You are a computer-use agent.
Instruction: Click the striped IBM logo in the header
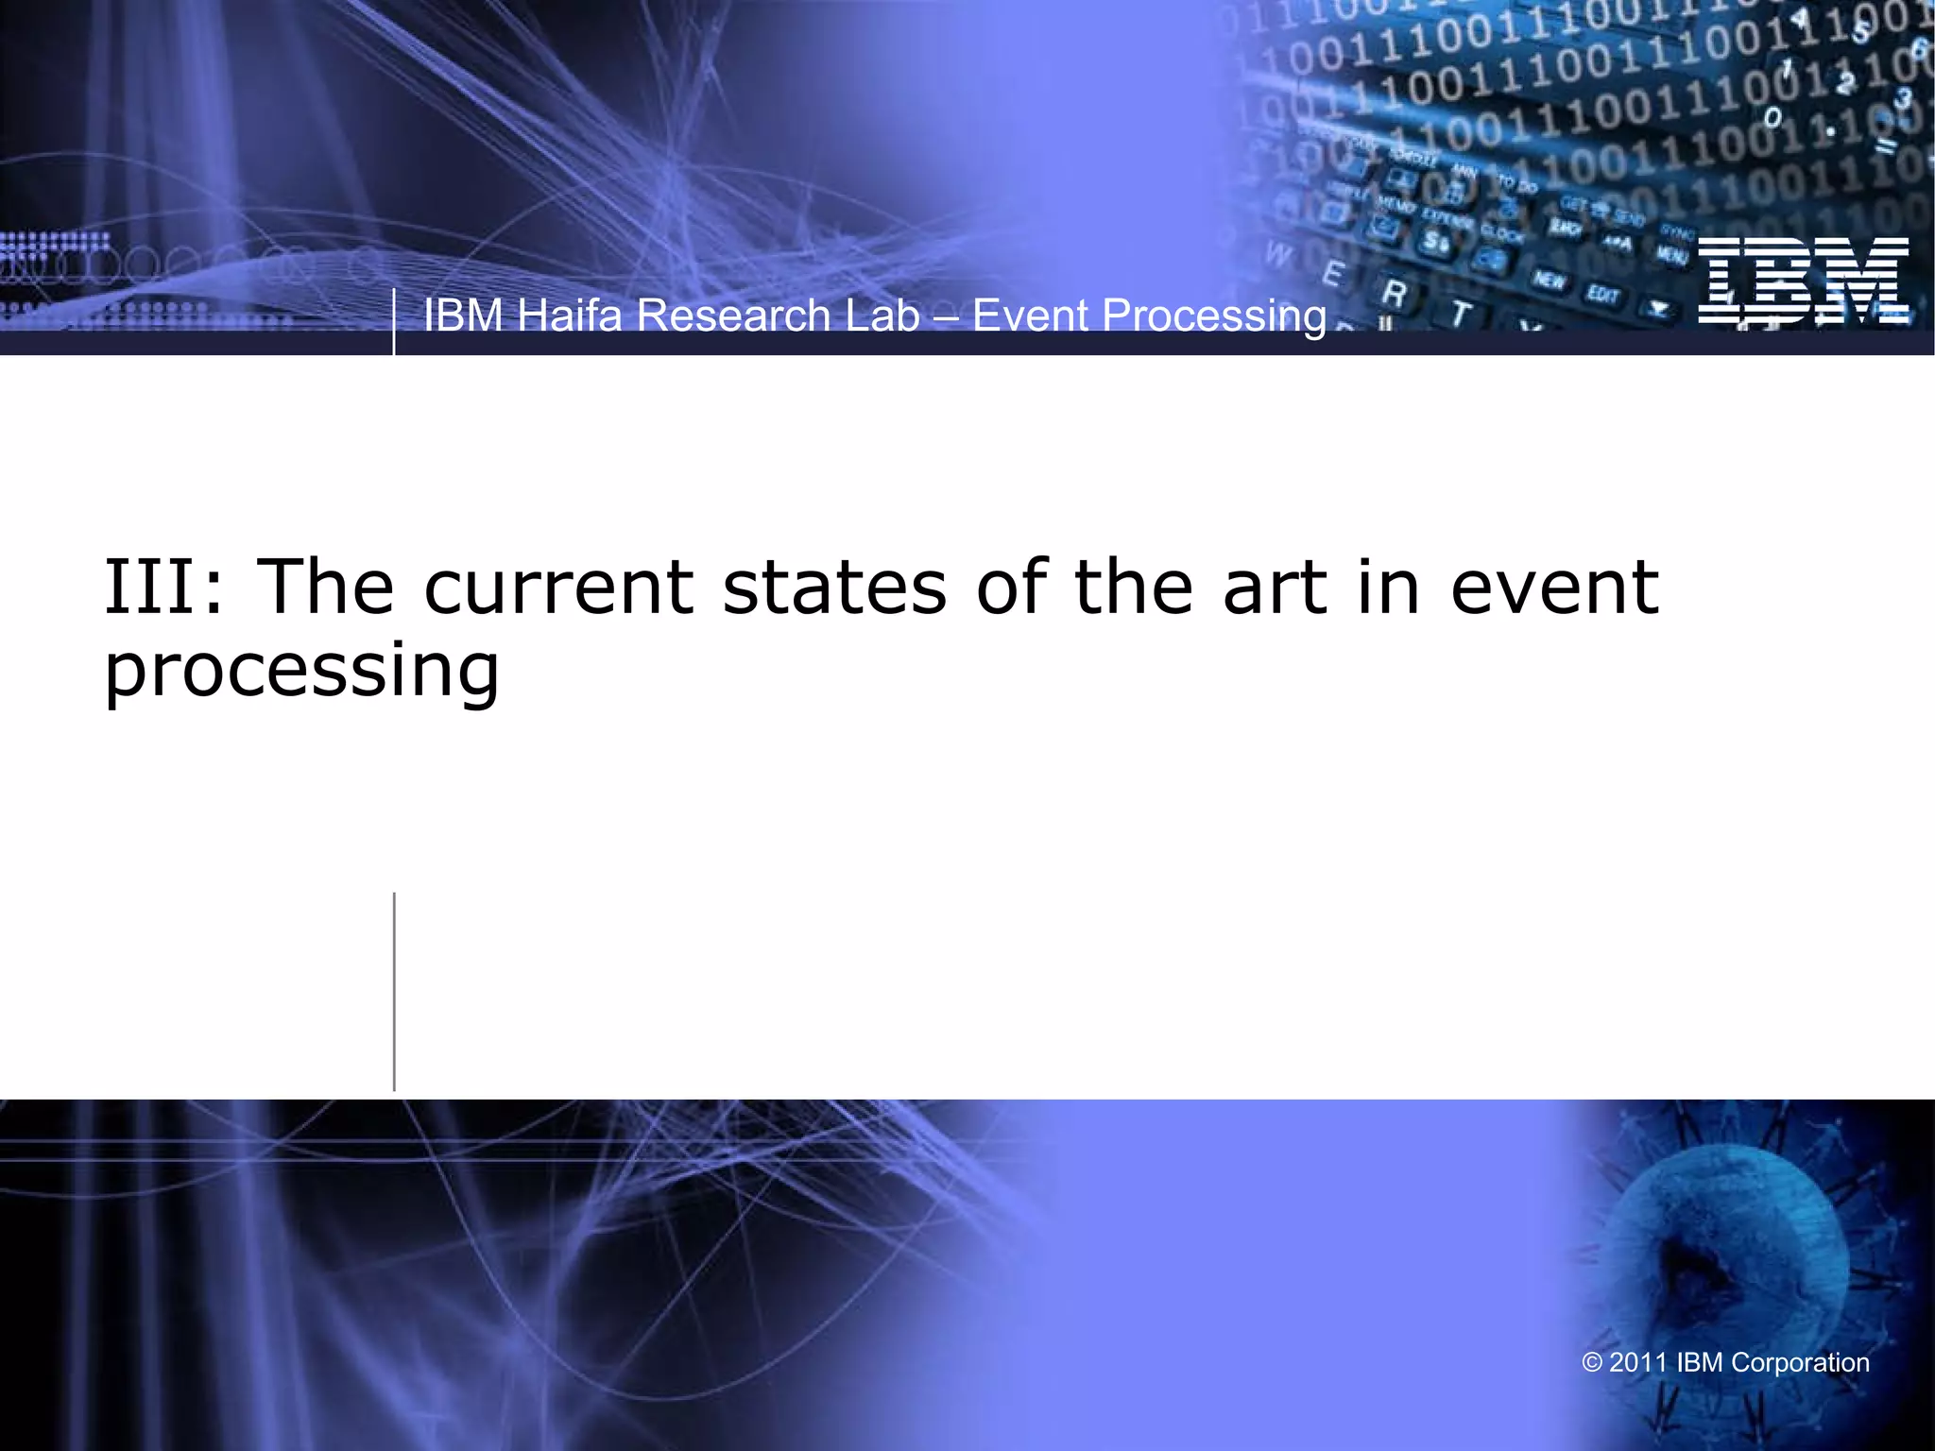pyautogui.click(x=1803, y=281)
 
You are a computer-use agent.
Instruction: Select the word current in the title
pyautogui.click(x=558, y=588)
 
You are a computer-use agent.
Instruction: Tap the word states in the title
pyautogui.click(x=834, y=588)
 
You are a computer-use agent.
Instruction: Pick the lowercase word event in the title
pyautogui.click(x=1554, y=588)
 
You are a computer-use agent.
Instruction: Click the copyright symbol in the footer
pyautogui.click(x=1592, y=1363)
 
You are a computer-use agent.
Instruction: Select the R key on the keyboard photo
pyautogui.click(x=1393, y=294)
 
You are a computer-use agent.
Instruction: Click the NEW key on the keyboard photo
pyautogui.click(x=1549, y=281)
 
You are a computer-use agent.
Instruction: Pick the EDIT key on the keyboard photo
pyautogui.click(x=1602, y=295)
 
